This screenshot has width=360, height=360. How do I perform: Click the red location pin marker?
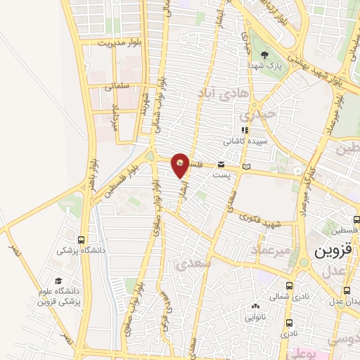pyautogui.click(x=181, y=165)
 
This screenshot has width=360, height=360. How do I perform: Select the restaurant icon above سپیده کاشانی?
pyautogui.click(x=245, y=130)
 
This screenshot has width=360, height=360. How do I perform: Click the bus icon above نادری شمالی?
pyautogui.click(x=290, y=286)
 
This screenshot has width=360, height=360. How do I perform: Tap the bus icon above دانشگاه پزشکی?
pyautogui.click(x=83, y=239)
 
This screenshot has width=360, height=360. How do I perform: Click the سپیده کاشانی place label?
pyautogui.click(x=243, y=141)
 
